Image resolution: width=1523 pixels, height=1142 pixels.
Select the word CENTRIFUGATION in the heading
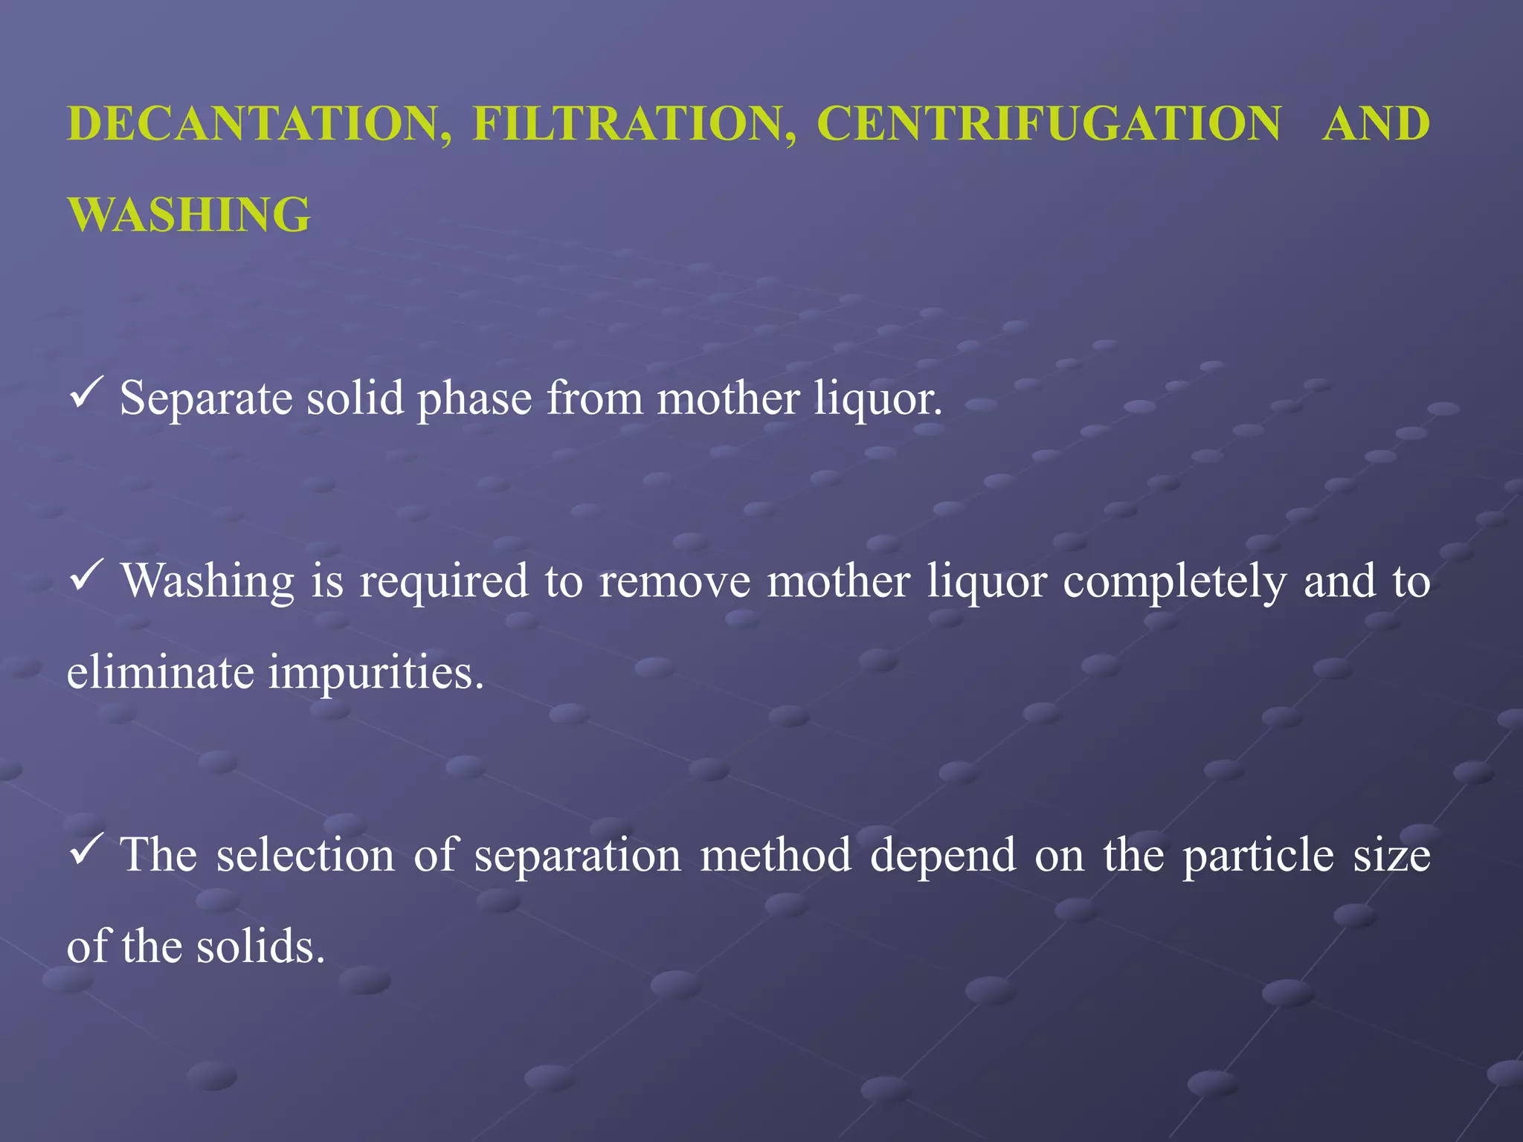click(x=1049, y=123)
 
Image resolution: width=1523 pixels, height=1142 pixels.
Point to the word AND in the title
click(x=1377, y=123)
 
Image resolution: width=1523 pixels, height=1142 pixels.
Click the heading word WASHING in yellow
click(x=189, y=215)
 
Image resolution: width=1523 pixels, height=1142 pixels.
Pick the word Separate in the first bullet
click(x=206, y=399)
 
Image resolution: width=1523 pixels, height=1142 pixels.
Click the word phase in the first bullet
click(x=474, y=399)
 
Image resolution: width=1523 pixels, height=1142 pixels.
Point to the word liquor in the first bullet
click(x=878, y=399)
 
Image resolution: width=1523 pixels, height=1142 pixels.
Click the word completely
click(x=1174, y=581)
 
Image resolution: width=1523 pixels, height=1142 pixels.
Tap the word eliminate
click(x=161, y=672)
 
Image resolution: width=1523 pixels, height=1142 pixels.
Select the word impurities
click(x=376, y=672)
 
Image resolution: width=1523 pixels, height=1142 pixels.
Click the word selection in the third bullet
click(x=306, y=855)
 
